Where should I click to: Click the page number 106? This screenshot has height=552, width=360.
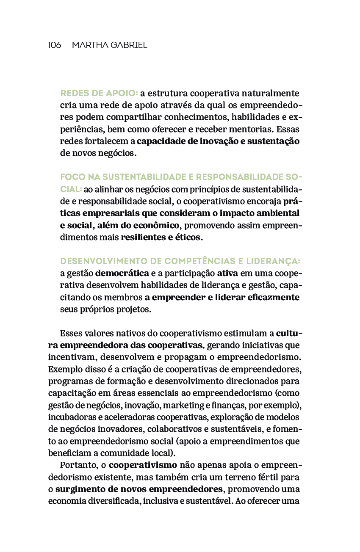[54, 45]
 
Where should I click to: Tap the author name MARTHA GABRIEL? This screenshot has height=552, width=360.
[109, 45]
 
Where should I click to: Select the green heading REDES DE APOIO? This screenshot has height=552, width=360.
[99, 93]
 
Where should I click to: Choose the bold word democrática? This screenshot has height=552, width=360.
[122, 273]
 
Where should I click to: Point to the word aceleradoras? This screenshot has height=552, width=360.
[123, 417]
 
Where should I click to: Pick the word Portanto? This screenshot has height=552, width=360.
[77, 466]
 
